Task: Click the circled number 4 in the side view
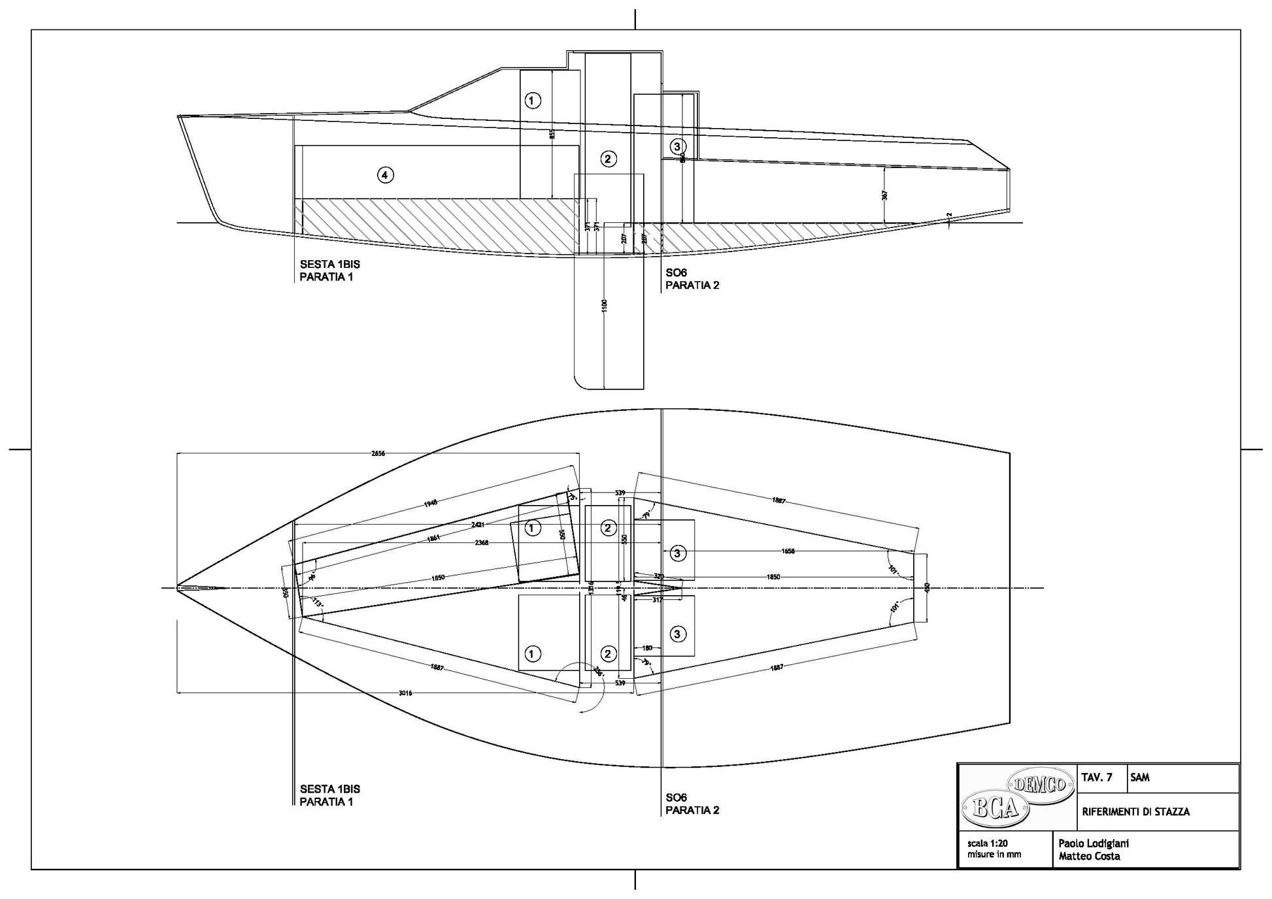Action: click(x=385, y=174)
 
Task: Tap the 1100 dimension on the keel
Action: click(x=604, y=304)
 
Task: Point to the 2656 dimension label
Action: click(x=378, y=453)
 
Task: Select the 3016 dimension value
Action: click(x=405, y=693)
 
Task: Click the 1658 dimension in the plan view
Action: click(x=788, y=551)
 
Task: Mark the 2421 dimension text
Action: click(x=478, y=525)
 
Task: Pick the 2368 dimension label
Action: click(x=482, y=543)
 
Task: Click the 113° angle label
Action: click(x=318, y=602)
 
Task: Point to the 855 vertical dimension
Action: click(x=552, y=134)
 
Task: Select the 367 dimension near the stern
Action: click(x=884, y=195)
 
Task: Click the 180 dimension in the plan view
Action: click(x=647, y=648)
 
